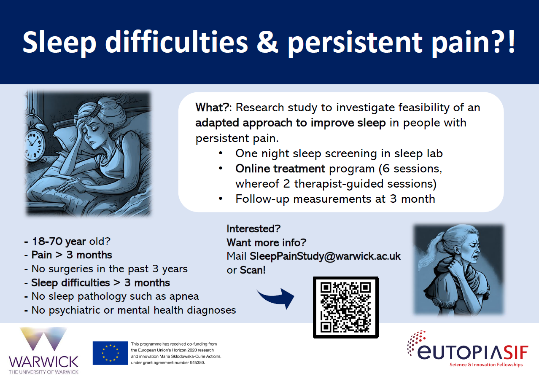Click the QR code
coord(345,307)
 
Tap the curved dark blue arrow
coord(277,298)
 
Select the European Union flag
coord(110,353)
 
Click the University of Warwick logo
coord(43,350)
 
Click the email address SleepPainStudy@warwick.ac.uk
coord(325,256)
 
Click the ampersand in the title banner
coord(267,42)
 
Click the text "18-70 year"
coord(59,241)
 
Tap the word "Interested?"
coord(253,228)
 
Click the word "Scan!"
coord(253,270)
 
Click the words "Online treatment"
coord(280,168)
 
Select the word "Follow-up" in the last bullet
coord(262,199)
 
